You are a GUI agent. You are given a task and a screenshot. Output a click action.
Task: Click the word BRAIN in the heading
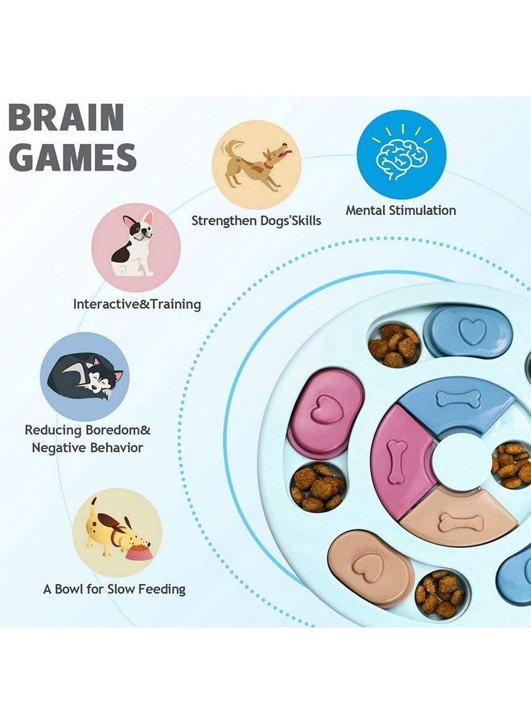click(x=66, y=118)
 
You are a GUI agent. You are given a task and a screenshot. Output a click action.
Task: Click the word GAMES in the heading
click(x=72, y=158)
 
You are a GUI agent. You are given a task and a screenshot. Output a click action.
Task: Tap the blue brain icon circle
click(x=401, y=154)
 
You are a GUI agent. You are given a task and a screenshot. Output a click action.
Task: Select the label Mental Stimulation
click(x=401, y=211)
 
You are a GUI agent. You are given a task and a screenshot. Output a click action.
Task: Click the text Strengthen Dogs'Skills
click(x=256, y=220)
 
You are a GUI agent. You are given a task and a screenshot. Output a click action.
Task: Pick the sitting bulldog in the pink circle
click(x=135, y=245)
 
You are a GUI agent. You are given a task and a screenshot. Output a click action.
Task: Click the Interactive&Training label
click(x=137, y=305)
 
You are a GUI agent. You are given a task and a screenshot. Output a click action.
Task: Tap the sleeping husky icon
click(x=84, y=376)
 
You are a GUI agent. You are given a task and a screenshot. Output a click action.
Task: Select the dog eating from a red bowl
click(x=117, y=531)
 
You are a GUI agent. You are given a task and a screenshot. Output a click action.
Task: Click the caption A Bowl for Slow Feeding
click(x=114, y=590)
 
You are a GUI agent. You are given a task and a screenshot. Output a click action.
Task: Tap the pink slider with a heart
click(x=325, y=412)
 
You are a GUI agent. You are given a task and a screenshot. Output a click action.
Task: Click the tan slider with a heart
click(x=370, y=566)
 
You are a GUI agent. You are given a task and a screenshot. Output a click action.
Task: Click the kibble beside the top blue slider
click(x=394, y=344)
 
